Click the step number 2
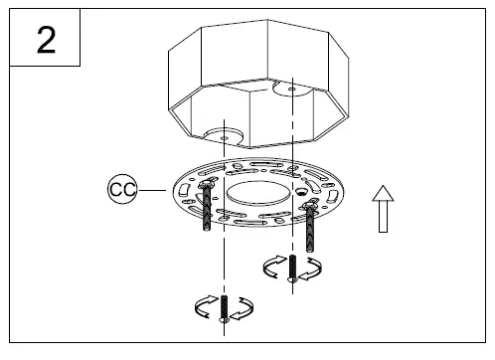coord(45,43)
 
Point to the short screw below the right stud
coord(292,267)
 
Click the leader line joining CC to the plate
coord(155,186)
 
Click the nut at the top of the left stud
coord(206,184)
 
